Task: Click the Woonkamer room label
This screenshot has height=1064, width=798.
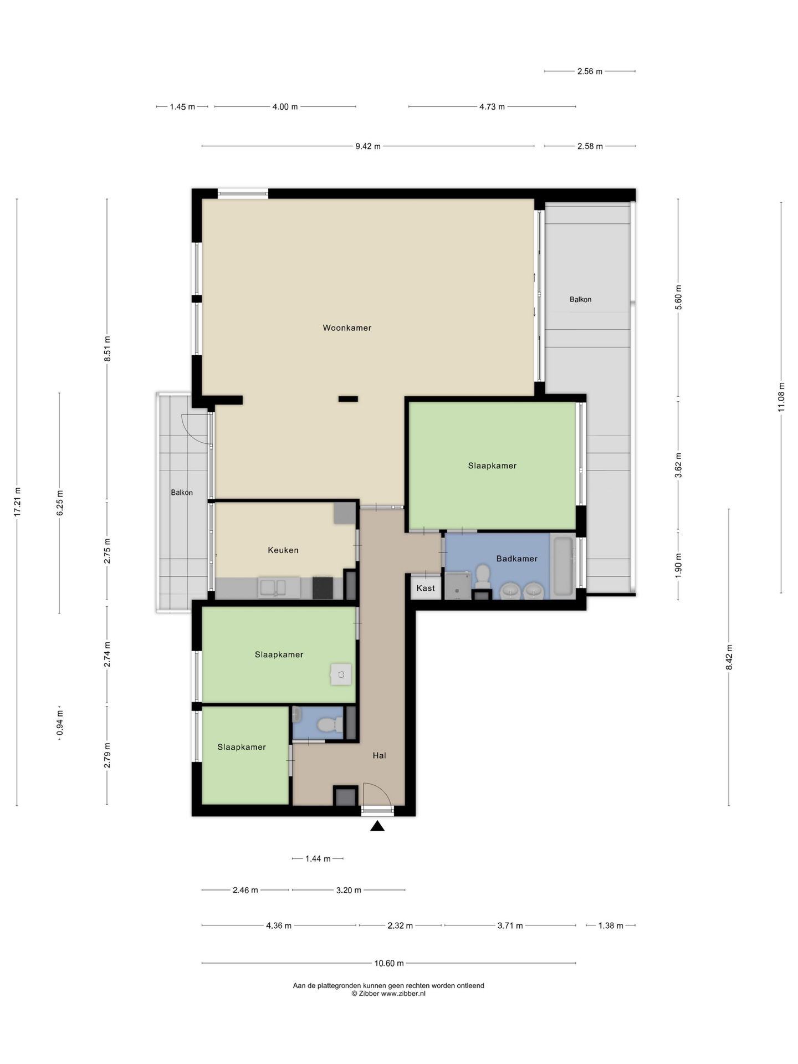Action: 347,328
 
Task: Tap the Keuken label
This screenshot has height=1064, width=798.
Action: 283,550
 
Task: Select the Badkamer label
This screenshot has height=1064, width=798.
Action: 516,559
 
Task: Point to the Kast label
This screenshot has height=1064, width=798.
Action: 426,588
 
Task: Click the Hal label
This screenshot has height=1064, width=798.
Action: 379,755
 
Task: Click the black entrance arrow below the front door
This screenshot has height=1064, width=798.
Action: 377,826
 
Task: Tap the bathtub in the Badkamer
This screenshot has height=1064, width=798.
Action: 563,566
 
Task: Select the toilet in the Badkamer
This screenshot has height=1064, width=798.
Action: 483,576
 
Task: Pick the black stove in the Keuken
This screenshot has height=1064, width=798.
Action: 323,588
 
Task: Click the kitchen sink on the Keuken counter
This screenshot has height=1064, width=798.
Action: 279,587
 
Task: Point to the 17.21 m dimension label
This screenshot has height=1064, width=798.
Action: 17,502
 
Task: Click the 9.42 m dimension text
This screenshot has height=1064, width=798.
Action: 368,146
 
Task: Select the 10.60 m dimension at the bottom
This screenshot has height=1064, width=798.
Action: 389,963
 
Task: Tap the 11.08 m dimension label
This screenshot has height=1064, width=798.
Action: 781,397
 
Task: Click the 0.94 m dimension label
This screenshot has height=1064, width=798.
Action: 60,724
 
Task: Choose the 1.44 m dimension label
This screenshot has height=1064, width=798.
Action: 318,859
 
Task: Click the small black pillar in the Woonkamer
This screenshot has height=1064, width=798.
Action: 348,398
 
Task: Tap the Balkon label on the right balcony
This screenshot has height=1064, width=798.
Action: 581,299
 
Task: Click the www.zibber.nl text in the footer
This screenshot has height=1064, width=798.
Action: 403,994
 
